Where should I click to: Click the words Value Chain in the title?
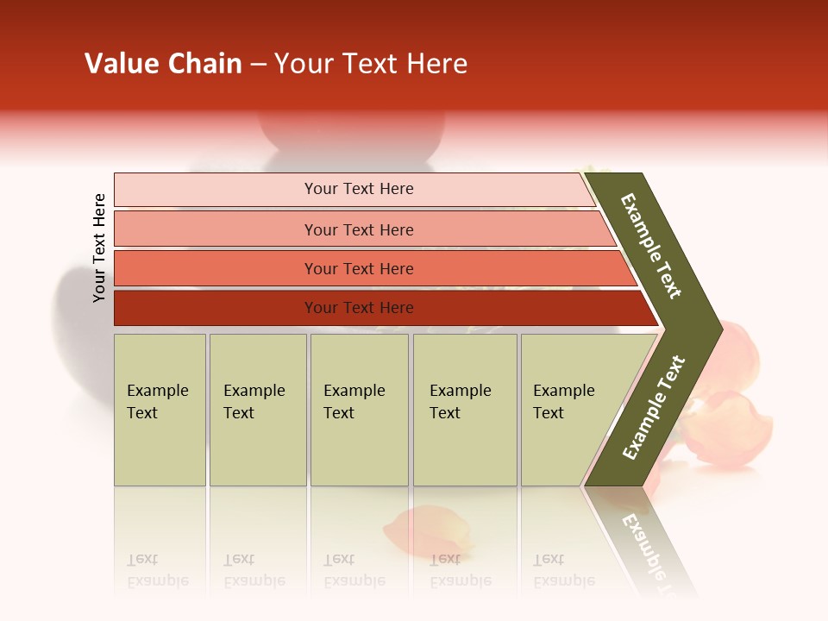point(163,64)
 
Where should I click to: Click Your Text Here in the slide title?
point(371,64)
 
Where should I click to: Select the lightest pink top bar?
point(358,189)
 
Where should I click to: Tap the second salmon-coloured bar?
point(358,229)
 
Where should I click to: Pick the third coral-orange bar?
point(358,268)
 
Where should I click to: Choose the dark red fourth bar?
point(358,308)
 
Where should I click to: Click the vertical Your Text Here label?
point(99,248)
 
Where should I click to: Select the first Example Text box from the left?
point(160,410)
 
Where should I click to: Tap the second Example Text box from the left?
point(257,410)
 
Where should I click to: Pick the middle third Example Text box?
point(359,410)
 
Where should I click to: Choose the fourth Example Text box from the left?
point(464,410)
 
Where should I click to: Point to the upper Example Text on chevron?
point(651,246)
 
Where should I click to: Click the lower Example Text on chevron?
point(654,408)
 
